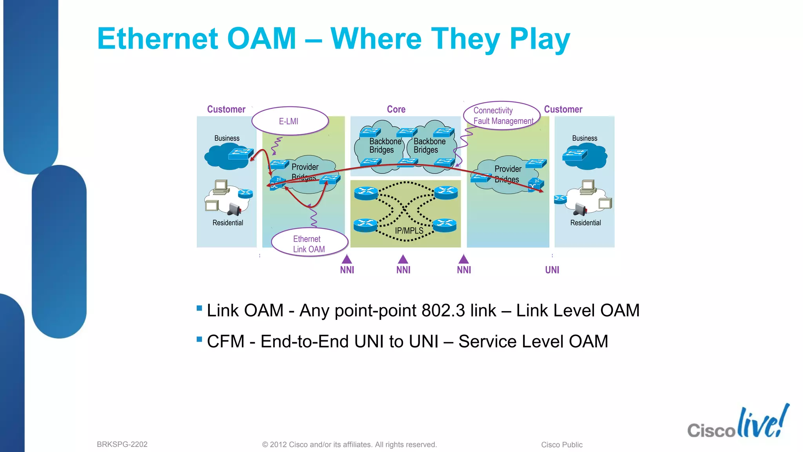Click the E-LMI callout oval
tap(289, 121)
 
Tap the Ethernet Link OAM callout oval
tap(309, 244)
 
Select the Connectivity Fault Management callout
tap(502, 116)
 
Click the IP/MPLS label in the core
tap(409, 231)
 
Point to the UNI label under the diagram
tap(552, 270)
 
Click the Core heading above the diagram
tap(396, 109)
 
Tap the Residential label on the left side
tap(228, 223)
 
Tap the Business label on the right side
tap(584, 139)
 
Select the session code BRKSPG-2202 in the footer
tap(122, 445)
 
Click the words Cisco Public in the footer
tap(561, 445)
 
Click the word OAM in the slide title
tap(262, 39)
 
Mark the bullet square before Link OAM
tap(199, 308)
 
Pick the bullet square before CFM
tap(199, 339)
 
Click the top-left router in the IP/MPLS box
tap(366, 193)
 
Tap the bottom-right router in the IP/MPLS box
tap(445, 225)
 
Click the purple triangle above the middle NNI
tap(403, 259)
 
